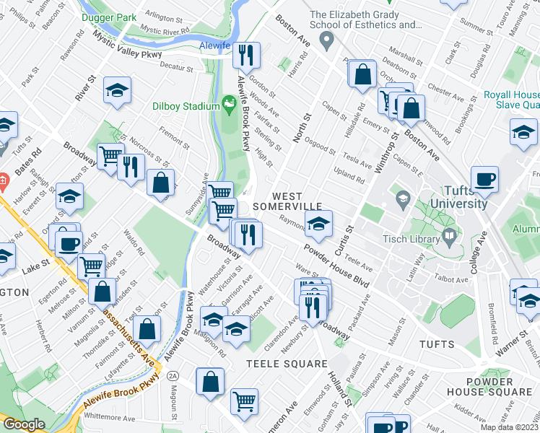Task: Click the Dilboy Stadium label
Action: (x=186, y=107)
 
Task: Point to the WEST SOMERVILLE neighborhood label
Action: (x=297, y=203)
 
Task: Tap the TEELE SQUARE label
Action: (x=287, y=364)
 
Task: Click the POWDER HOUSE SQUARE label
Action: (x=499, y=386)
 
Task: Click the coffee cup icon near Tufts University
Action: (x=484, y=180)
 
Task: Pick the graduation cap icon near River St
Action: (x=116, y=91)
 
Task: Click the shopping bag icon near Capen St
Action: (x=362, y=74)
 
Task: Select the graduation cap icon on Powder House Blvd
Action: (x=318, y=224)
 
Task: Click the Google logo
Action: (x=23, y=424)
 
